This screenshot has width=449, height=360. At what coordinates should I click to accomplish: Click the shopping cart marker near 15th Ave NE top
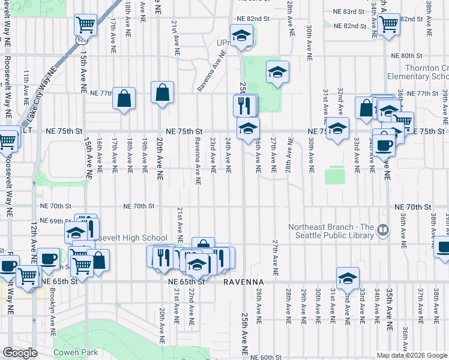86,25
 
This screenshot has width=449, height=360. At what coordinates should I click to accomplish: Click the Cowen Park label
76,352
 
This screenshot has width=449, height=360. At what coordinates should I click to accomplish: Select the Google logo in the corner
20,353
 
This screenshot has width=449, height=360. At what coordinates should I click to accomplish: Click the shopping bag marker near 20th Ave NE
162,93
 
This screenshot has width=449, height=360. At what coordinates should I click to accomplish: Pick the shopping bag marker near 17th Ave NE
124,99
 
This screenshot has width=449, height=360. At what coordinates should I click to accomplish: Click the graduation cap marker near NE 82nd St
241,36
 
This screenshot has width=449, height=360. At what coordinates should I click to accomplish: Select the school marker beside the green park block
277,73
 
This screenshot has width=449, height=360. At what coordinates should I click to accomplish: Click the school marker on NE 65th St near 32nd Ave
347,278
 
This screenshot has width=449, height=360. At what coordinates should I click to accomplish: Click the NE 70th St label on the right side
413,206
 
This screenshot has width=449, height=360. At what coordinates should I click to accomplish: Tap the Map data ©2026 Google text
411,355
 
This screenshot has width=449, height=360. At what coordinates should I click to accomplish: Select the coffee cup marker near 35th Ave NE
384,143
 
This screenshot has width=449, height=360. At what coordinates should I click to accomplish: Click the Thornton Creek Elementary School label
426,73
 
